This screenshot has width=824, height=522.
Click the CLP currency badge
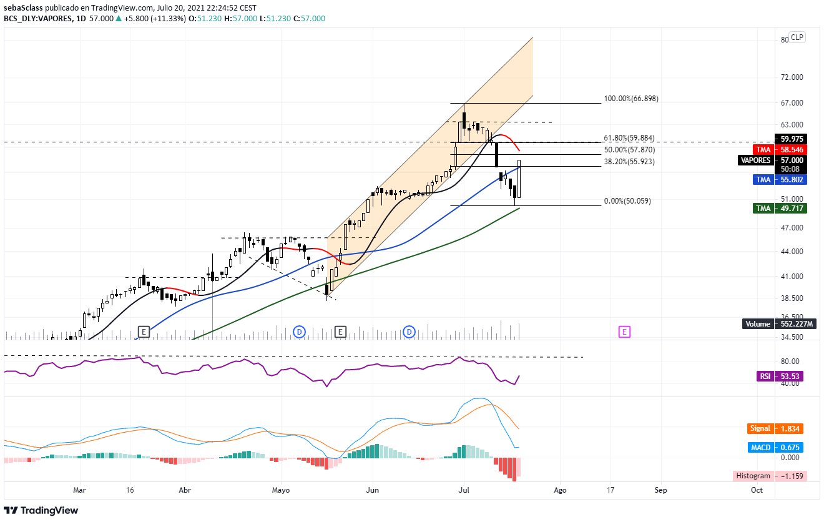click(797, 37)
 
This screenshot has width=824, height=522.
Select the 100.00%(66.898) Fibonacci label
click(630, 99)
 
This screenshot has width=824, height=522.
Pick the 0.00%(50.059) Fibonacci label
click(627, 202)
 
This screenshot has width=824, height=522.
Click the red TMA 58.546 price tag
click(780, 150)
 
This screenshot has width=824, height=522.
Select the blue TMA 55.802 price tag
click(780, 179)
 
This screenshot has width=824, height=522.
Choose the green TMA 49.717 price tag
click(780, 208)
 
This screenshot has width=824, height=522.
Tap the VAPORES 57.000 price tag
click(772, 160)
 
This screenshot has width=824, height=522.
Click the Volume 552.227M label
click(775, 323)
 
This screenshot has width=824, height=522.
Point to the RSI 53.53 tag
click(780, 376)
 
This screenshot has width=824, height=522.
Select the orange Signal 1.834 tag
click(775, 428)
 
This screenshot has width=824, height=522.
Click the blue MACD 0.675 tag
click(775, 447)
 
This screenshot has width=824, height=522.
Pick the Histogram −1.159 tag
click(770, 476)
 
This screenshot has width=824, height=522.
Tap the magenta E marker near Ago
click(624, 332)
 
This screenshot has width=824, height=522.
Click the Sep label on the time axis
click(660, 490)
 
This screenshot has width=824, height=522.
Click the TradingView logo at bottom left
click(41, 510)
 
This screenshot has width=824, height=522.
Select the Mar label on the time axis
click(79, 490)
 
